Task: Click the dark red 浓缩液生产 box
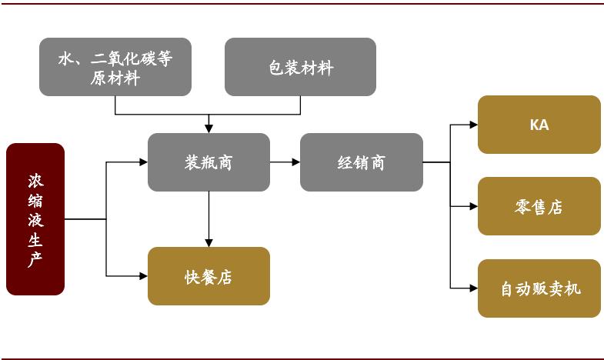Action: pos(35,219)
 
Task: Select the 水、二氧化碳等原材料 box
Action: pos(115,67)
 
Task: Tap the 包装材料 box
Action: pos(300,67)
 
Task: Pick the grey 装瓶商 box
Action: pos(209,162)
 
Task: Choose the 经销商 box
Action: pos(361,162)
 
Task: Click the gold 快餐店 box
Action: pos(209,276)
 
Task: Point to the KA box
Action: pos(539,125)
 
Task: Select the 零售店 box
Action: pos(539,206)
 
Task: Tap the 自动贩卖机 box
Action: pos(539,288)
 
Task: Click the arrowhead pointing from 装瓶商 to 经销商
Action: pos(295,162)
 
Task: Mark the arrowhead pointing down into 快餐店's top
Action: pos(209,242)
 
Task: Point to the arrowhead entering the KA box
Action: pos(473,125)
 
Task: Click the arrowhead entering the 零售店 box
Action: pos(473,206)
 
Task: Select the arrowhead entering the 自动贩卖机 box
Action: pos(473,288)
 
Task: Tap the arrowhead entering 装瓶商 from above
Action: pos(209,128)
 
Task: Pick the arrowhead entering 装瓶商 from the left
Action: pos(143,162)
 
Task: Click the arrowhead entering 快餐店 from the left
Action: pos(143,276)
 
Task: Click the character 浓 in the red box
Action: pos(35,181)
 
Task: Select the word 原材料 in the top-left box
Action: pos(115,78)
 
